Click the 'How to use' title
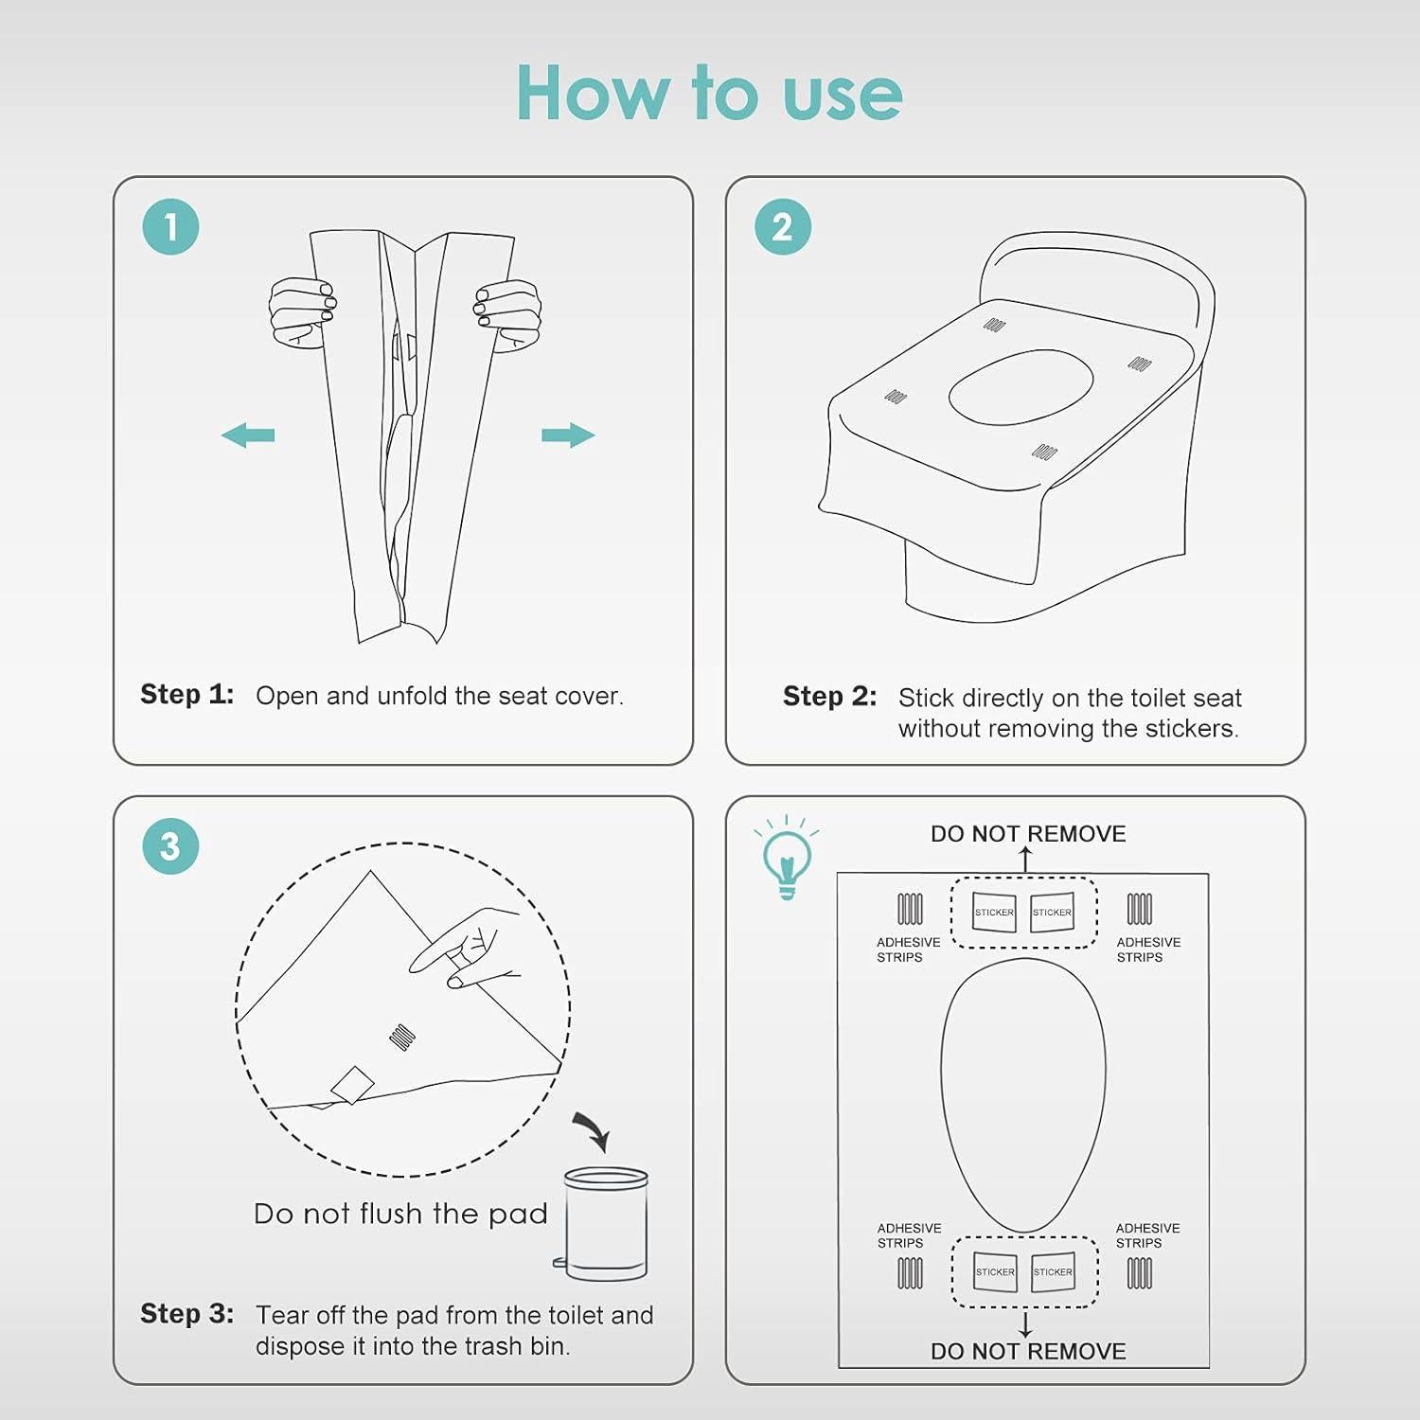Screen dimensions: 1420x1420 coord(709,93)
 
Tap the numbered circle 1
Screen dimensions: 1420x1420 coord(170,227)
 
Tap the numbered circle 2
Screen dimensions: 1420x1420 coord(783,227)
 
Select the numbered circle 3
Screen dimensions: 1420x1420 coord(170,846)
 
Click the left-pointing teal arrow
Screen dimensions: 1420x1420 coord(248,435)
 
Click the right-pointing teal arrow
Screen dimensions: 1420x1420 coord(568,435)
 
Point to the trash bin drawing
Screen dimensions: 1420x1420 coord(604,1224)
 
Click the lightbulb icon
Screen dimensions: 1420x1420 coord(787,858)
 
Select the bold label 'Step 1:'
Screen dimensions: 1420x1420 coord(186,694)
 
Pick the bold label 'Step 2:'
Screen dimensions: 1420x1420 coord(829,696)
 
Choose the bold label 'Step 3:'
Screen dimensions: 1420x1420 coord(186,1313)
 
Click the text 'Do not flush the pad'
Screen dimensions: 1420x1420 coord(400,1214)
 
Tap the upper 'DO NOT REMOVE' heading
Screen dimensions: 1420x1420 coord(1028,834)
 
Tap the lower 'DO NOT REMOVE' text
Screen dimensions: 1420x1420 coord(1028,1352)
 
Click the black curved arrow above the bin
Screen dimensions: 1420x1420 coord(594,1129)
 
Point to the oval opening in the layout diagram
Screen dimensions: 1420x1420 coord(1023,1095)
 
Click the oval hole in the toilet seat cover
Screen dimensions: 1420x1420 coord(1021,387)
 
